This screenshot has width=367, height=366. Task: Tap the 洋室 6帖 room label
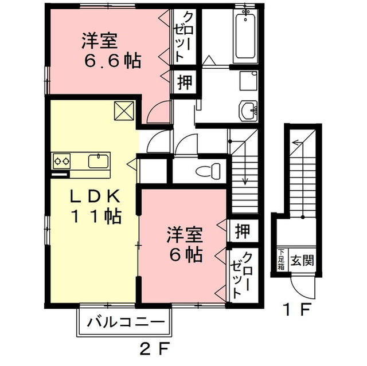point(185,245)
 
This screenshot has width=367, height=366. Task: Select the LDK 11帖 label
point(95,207)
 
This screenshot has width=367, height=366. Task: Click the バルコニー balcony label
point(123,322)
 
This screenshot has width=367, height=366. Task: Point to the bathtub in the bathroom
point(245,36)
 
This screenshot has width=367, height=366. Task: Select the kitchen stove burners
point(62,161)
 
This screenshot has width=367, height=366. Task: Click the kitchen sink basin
point(98,160)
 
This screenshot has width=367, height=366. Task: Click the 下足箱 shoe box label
point(282,261)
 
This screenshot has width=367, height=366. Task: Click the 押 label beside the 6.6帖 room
point(184,82)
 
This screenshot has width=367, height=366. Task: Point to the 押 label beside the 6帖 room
point(241,232)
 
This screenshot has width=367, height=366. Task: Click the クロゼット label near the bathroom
point(186,36)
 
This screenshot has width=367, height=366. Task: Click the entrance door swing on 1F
point(299,284)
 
